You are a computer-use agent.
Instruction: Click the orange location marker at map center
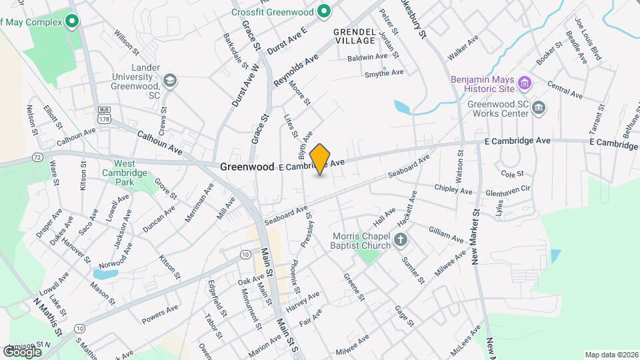click(x=320, y=159)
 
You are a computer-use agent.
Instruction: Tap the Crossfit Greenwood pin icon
click(x=324, y=11)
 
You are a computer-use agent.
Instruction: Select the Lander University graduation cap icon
click(x=169, y=81)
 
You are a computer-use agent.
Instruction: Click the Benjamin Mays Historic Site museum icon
click(x=525, y=83)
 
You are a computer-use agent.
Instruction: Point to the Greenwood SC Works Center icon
click(x=539, y=108)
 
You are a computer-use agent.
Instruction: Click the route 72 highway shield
click(x=37, y=157)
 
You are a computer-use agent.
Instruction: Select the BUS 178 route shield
click(x=103, y=114)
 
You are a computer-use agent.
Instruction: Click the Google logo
click(x=22, y=351)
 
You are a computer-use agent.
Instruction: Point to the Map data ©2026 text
click(x=610, y=355)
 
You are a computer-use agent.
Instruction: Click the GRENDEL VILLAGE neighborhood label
click(x=355, y=36)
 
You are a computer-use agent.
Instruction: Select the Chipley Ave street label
click(x=453, y=190)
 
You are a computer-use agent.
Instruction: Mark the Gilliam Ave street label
click(x=446, y=234)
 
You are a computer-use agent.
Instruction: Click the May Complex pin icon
click(x=71, y=22)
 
